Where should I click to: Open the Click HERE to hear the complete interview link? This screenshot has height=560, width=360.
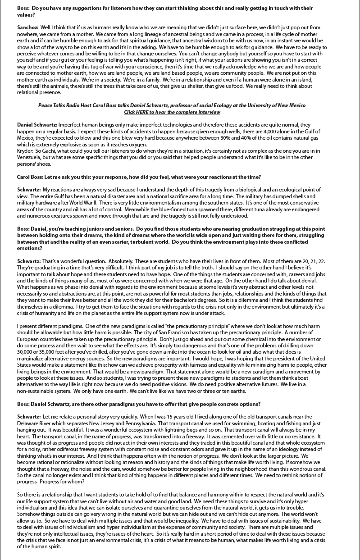pos(172,112)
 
